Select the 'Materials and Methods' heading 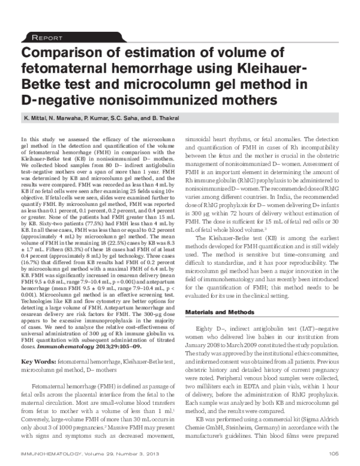(229, 313)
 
